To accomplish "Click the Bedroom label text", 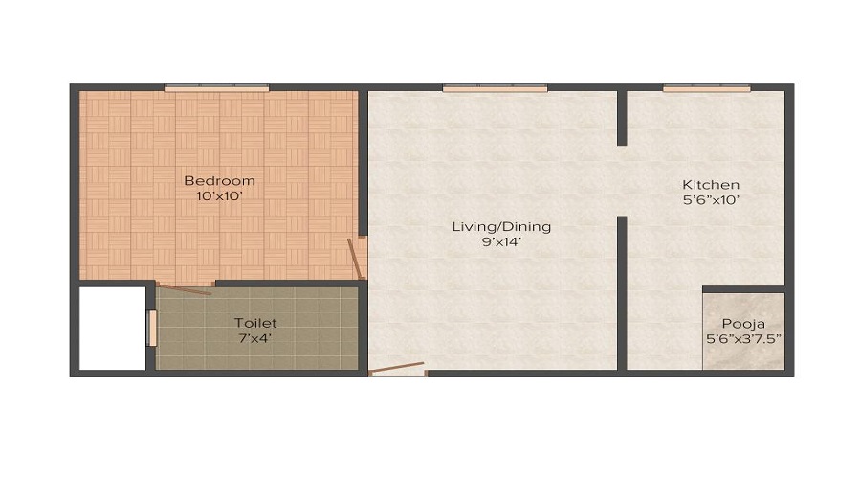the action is click(x=219, y=180).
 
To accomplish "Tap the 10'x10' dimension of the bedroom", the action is click(x=219, y=195).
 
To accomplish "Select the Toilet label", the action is click(x=255, y=323).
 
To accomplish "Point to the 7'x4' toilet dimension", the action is click(x=255, y=338).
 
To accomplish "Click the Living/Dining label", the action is click(x=501, y=227).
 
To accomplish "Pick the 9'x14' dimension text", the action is click(x=501, y=242).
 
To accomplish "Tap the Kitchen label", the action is click(x=711, y=185).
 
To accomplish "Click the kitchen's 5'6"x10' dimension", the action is click(x=711, y=200).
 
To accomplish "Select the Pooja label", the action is click(x=743, y=324).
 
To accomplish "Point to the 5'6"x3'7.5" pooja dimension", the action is click(x=743, y=339).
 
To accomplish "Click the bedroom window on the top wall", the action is click(x=217, y=88).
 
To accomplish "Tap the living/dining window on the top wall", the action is click(x=495, y=88).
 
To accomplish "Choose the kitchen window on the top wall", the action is click(x=706, y=88).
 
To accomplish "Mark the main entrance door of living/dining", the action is click(x=396, y=369).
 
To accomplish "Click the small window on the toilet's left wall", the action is click(x=152, y=329).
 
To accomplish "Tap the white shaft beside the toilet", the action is click(x=113, y=329).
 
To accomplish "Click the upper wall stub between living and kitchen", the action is click(x=622, y=118).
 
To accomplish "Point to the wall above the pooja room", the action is click(x=743, y=289).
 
